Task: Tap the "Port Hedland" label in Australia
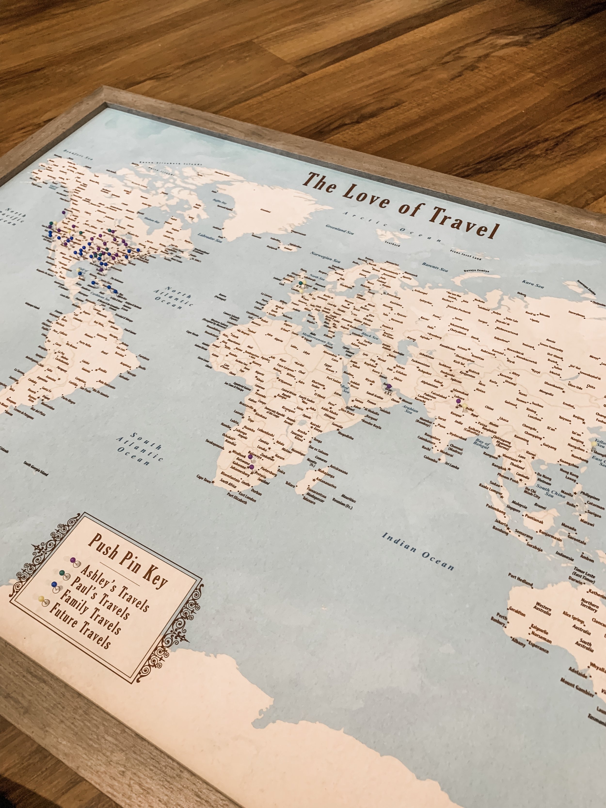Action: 520,580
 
